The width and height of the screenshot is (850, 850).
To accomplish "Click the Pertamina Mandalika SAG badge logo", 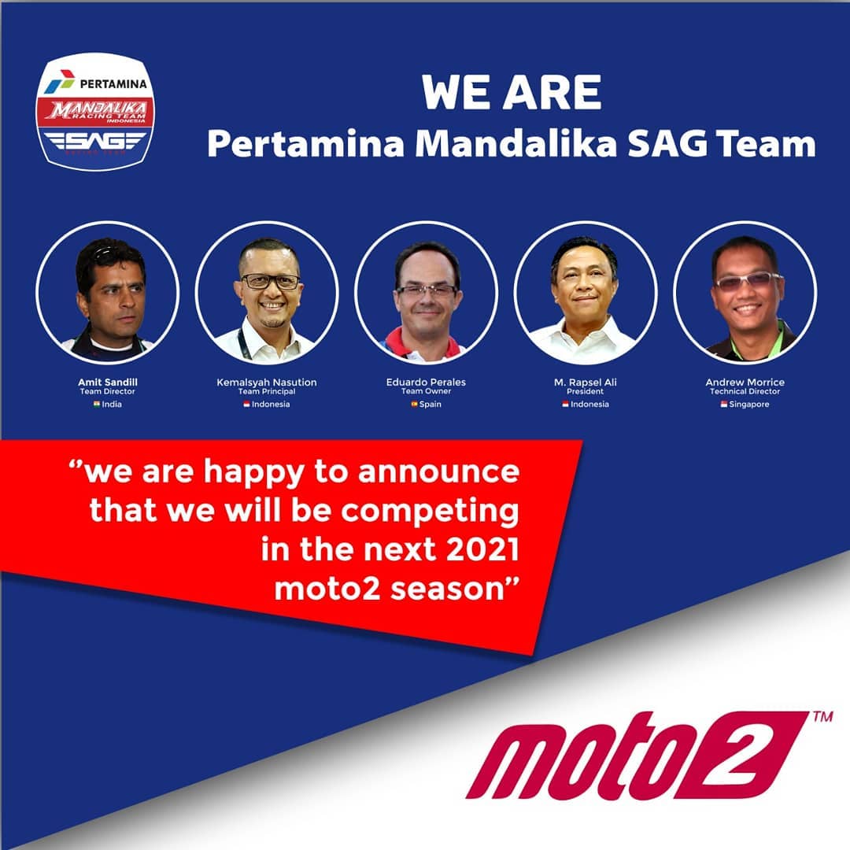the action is click(95, 112).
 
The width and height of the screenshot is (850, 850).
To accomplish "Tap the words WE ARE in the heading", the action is click(512, 93).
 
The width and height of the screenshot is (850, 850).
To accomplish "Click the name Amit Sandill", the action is click(107, 382).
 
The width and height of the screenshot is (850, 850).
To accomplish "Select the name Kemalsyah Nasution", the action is click(267, 382).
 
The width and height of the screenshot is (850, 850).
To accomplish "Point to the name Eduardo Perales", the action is click(426, 382).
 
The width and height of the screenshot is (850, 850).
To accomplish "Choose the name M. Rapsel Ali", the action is click(586, 382).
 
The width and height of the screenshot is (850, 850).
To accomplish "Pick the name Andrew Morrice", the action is click(745, 382).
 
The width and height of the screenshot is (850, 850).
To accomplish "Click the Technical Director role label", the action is click(745, 391).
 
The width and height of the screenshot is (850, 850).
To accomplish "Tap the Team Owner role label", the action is click(426, 391).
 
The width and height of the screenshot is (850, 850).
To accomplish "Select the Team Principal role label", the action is click(267, 391).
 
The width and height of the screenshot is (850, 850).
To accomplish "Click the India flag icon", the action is click(97, 404).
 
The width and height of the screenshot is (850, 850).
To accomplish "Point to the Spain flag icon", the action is click(414, 404).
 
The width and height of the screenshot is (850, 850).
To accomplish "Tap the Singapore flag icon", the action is click(724, 404).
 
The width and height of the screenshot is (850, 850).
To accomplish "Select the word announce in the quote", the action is click(438, 471).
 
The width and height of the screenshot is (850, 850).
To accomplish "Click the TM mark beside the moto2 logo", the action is click(823, 717).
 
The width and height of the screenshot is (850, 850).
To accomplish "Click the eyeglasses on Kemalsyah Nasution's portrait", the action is click(270, 281).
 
